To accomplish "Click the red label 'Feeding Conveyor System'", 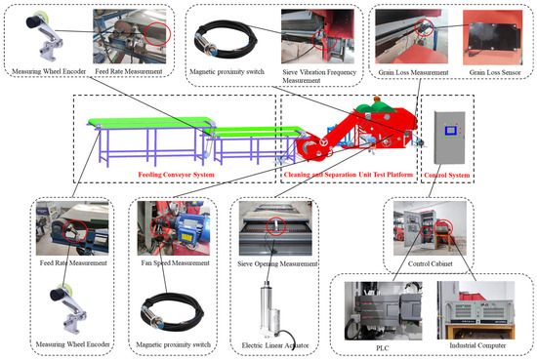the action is click(x=176, y=175).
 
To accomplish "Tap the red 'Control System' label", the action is click(x=446, y=176).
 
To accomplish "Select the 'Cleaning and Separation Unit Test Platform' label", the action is click(x=348, y=175).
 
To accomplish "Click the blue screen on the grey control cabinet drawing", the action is click(x=450, y=131).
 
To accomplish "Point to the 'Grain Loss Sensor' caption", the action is click(x=495, y=72).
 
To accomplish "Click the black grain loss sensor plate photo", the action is click(x=492, y=37).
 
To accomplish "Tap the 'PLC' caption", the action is click(x=383, y=348).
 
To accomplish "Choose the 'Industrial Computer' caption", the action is click(x=477, y=345).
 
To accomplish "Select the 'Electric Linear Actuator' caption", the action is click(x=275, y=345).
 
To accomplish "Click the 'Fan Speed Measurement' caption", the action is click(x=175, y=263).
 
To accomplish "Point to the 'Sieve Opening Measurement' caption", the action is click(x=277, y=263).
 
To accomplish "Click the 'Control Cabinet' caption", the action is click(x=431, y=263).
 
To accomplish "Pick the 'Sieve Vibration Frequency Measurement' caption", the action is click(x=319, y=76).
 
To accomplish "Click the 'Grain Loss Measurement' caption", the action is click(x=413, y=72).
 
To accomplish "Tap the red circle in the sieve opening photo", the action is click(x=275, y=226).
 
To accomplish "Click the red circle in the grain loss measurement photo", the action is click(x=424, y=27).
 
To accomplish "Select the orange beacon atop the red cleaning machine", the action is click(x=377, y=100).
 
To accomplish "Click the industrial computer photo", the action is click(x=476, y=310).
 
